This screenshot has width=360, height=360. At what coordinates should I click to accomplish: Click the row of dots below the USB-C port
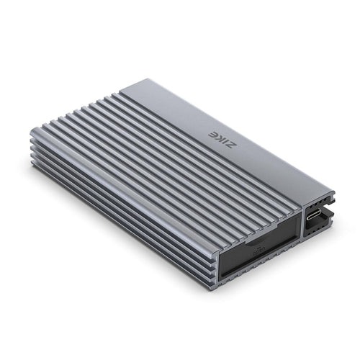(315, 230)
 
